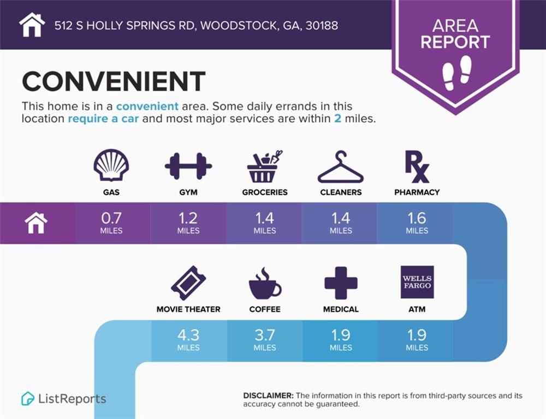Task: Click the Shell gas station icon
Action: (x=111, y=165)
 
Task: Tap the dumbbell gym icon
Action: (x=188, y=166)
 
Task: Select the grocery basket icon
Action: (x=264, y=167)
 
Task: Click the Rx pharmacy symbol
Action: (x=417, y=167)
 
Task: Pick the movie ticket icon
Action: (x=188, y=283)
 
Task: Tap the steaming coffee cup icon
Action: (x=265, y=283)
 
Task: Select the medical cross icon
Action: (x=341, y=283)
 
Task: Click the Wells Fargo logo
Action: (x=417, y=282)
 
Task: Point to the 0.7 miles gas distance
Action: (x=111, y=223)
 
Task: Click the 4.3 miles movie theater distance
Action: (x=188, y=340)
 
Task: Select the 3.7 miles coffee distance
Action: (x=265, y=340)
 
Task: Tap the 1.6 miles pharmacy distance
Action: (x=417, y=223)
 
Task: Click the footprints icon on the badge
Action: (x=457, y=73)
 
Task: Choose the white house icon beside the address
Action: (x=32, y=25)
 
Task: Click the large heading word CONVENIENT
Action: (x=114, y=81)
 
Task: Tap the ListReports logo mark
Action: (x=27, y=398)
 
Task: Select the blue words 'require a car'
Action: (x=103, y=119)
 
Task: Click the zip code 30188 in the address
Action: (x=322, y=26)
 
